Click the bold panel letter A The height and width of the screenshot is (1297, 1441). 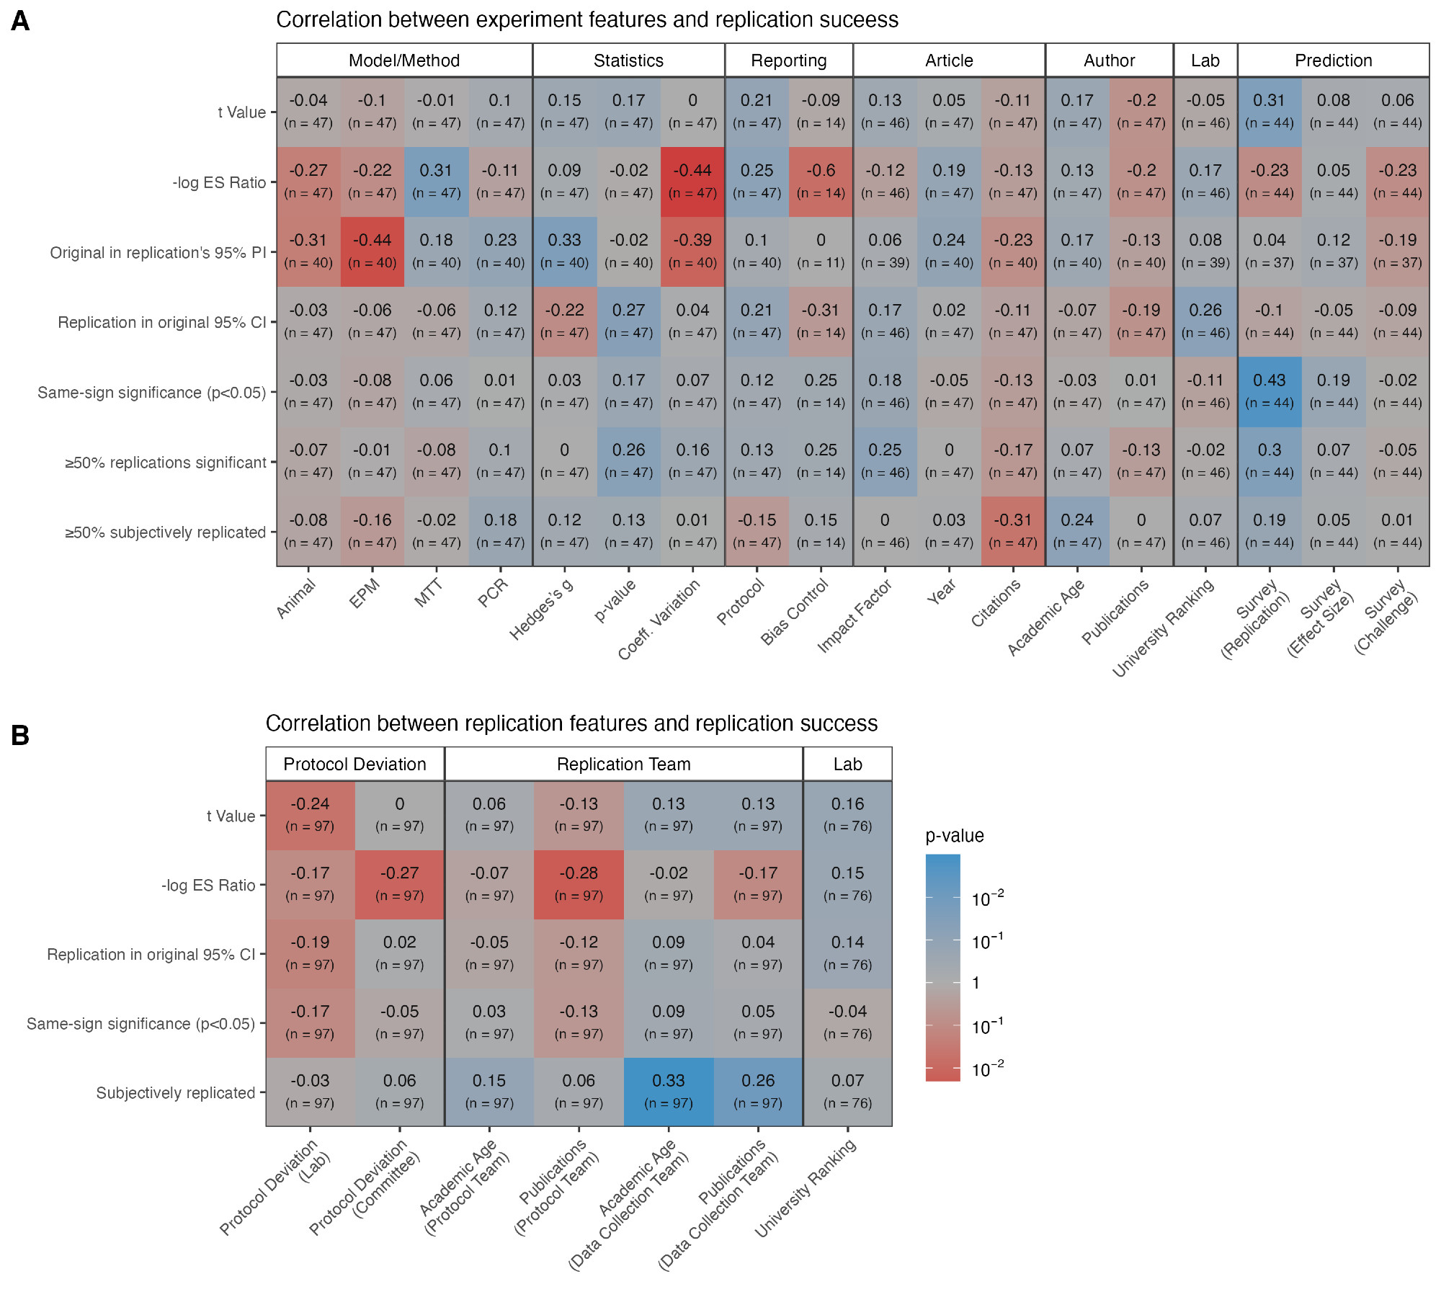pos(20,21)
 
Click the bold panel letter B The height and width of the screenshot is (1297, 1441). pos(20,735)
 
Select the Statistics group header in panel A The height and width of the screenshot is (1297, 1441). pos(628,61)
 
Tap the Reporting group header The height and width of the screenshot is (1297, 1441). pos(788,61)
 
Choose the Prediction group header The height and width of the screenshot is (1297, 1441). pos(1333,61)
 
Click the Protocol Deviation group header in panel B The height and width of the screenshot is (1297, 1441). pos(354,764)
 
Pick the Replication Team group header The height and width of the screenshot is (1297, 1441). pos(623,764)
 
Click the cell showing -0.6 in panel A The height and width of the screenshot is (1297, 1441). pos(821,181)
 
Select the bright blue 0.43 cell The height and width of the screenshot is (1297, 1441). pos(1269,391)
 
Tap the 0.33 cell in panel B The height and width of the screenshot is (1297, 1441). pos(668,1091)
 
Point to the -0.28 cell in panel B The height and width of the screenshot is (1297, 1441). pos(579,883)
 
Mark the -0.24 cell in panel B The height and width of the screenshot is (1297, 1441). pos(310,814)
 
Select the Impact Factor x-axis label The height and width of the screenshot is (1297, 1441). pos(855,616)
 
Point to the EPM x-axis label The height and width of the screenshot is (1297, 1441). pos(365,594)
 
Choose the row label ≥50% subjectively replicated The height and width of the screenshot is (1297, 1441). pos(165,532)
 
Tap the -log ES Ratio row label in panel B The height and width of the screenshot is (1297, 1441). pos(208,885)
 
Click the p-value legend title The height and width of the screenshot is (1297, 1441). pos(954,836)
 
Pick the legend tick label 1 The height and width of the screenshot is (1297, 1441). pos(976,983)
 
